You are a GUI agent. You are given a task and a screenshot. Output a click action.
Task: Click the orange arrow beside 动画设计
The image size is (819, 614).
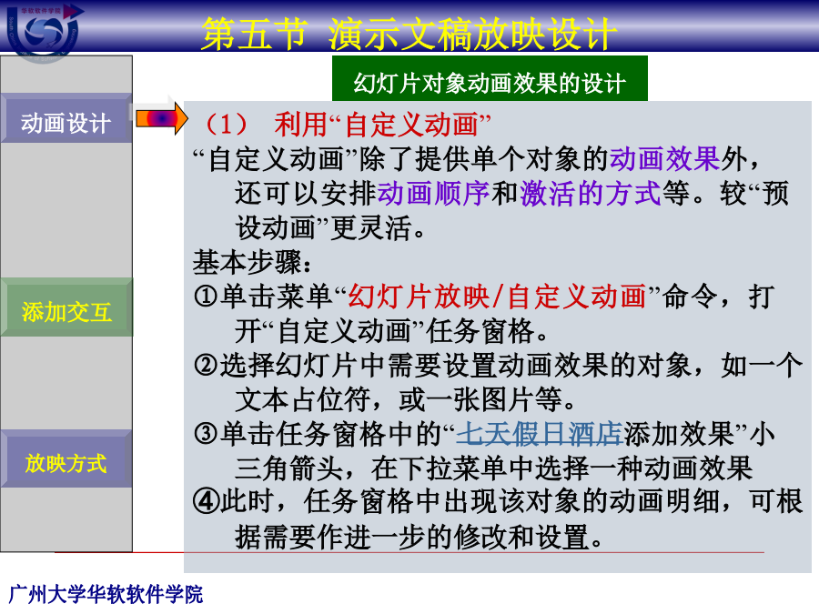point(161,118)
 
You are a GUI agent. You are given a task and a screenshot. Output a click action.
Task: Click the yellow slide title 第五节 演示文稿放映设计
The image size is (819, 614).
point(409,35)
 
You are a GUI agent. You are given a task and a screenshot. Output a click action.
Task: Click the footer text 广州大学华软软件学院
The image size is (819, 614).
point(106,594)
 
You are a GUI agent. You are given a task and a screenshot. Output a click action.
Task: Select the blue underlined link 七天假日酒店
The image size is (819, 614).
point(540,433)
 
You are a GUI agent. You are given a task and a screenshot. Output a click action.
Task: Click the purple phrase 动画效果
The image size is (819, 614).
point(664,158)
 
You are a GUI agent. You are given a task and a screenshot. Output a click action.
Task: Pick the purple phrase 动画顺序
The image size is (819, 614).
point(433,193)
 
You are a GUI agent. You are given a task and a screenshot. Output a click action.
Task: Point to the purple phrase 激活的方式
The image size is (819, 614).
point(591,193)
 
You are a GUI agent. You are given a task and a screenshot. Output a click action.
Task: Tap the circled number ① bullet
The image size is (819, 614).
point(206,296)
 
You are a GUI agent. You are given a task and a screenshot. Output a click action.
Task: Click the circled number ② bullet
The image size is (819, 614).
point(206,365)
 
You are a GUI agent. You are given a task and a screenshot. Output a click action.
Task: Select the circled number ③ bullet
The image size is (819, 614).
point(206,433)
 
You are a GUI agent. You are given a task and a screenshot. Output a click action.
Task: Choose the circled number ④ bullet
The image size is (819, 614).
point(206,501)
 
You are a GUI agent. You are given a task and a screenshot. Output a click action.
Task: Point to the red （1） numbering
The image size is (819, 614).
point(227,125)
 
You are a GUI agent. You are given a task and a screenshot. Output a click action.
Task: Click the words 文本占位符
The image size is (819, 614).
point(303,399)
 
